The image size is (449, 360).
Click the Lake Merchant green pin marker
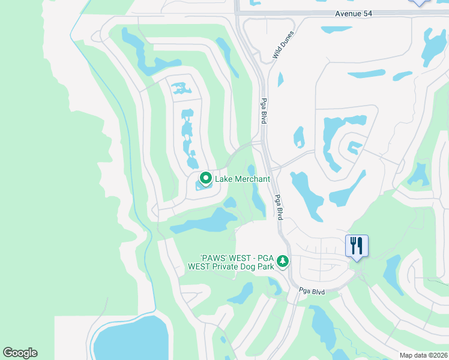click(x=205, y=179)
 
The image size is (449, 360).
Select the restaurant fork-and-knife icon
click(x=357, y=245)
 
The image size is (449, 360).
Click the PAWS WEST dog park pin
click(x=283, y=262)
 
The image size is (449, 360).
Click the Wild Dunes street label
click(x=283, y=45)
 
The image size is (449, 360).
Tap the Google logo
click(x=20, y=353)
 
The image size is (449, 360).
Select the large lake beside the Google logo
click(x=129, y=339)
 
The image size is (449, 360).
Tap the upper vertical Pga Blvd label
click(x=263, y=111)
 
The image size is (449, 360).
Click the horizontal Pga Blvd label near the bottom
click(x=312, y=292)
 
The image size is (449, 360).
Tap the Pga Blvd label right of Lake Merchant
click(x=278, y=207)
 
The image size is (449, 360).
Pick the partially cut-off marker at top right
click(x=418, y=2)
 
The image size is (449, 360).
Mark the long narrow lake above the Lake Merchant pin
click(x=188, y=135)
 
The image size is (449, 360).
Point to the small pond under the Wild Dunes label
click(x=280, y=79)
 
